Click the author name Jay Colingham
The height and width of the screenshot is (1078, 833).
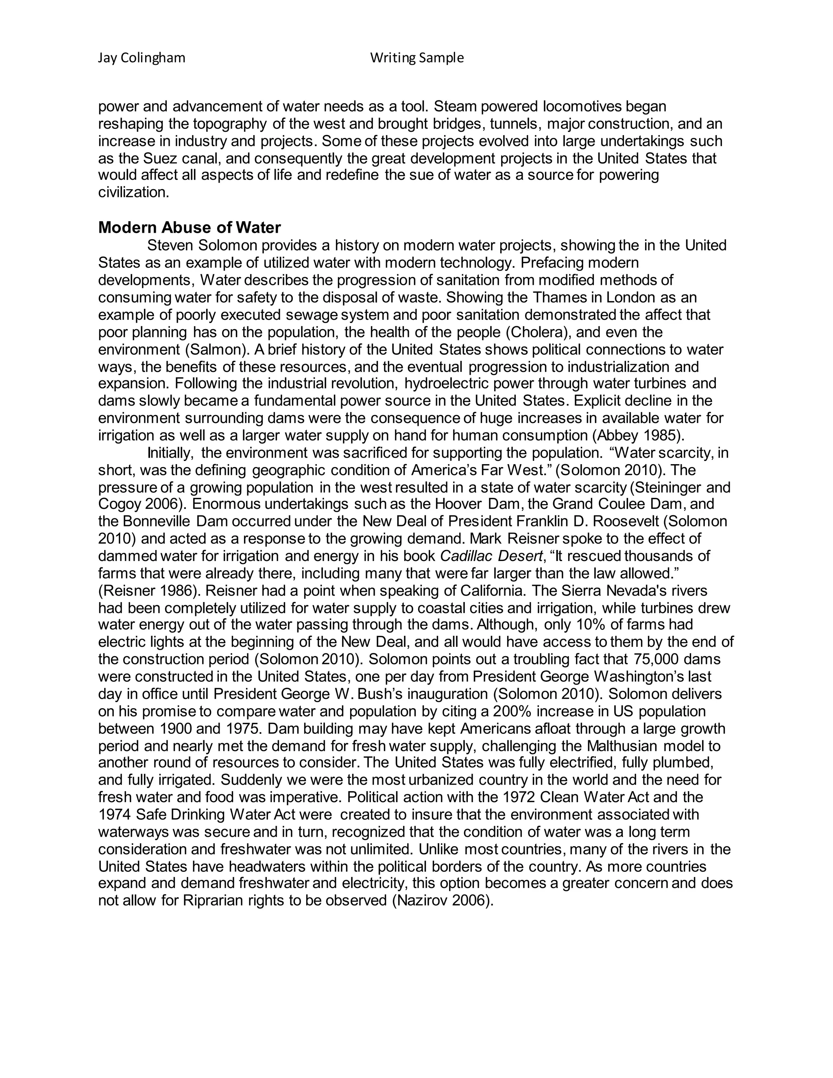click(x=142, y=58)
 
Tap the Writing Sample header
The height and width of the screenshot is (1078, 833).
click(x=417, y=58)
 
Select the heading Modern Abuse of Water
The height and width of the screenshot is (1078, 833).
click(x=190, y=227)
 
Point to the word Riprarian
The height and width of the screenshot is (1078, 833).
click(x=213, y=901)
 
